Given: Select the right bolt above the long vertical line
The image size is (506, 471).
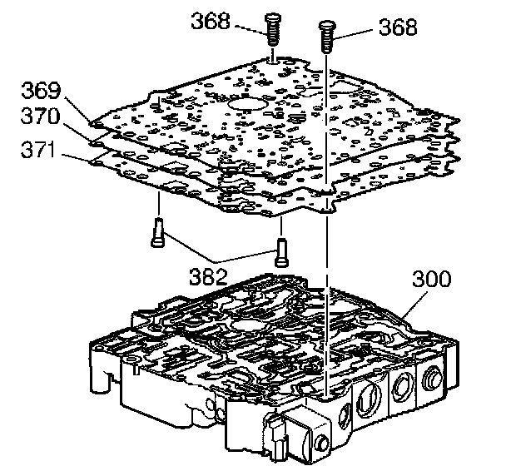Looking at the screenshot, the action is tap(325, 38).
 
